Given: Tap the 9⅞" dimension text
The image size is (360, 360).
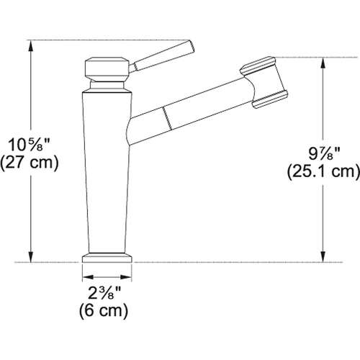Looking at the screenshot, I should coord(322,153).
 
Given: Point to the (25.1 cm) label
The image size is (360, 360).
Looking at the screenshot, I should coord(322,171).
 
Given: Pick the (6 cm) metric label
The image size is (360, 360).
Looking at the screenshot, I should coord(105,312).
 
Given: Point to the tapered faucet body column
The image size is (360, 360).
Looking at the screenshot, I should coord(107,173).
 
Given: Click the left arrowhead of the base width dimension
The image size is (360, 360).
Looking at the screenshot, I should coord(85,276).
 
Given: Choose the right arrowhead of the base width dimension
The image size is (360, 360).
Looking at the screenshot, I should coord(130,276).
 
